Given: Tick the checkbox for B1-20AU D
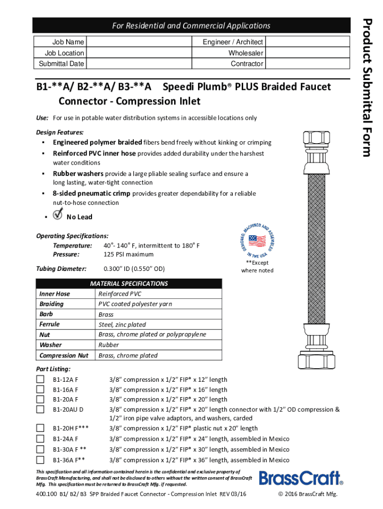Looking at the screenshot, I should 40,409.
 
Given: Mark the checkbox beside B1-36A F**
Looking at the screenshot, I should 40,460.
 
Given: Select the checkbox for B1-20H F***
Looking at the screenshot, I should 40,428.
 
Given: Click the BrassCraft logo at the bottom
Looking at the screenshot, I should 301,478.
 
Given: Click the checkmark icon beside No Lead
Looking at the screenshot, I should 58,215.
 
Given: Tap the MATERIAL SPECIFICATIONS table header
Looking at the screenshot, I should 128,284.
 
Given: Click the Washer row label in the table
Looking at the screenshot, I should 51,345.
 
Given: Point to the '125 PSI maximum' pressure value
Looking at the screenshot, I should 128,254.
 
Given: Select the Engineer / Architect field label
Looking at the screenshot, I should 233,42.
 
